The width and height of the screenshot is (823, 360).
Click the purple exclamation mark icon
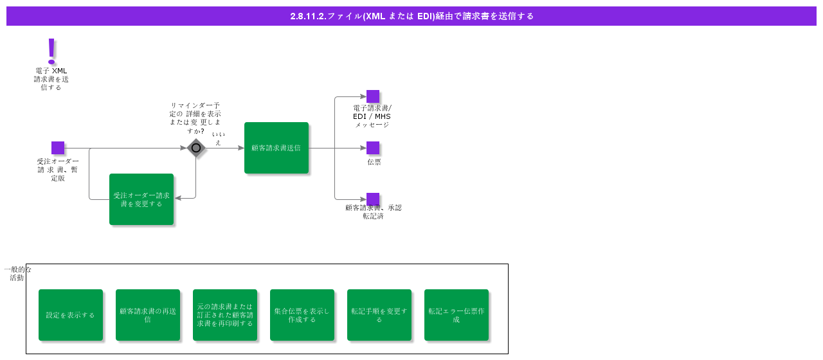tap(51, 51)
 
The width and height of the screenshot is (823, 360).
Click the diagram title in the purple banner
tap(411, 16)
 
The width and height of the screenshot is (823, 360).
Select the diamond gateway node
tap(196, 148)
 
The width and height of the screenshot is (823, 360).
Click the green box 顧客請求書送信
tap(276, 148)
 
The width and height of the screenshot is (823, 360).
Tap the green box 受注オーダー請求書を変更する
tap(141, 199)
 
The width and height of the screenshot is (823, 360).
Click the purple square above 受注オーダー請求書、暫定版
tap(58, 148)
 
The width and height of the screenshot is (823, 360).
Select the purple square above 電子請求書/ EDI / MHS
tap(373, 96)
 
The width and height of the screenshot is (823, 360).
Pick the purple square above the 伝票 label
tap(373, 148)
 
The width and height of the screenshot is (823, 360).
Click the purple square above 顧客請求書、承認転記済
tap(373, 199)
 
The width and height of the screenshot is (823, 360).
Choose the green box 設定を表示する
tap(71, 315)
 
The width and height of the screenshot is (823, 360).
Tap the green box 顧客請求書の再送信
tap(148, 315)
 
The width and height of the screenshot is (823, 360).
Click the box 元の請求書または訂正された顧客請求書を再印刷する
tap(225, 315)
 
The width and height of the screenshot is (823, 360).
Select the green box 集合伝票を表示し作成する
tap(302, 315)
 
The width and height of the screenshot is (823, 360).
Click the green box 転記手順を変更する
tap(379, 315)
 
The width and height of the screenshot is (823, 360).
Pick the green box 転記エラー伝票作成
tap(457, 315)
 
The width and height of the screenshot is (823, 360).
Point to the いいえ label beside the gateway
tap(219, 138)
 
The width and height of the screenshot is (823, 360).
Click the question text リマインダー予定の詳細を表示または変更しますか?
tap(195, 118)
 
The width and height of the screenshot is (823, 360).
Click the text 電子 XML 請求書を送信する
tap(51, 79)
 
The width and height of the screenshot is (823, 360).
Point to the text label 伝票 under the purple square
tap(374, 162)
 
